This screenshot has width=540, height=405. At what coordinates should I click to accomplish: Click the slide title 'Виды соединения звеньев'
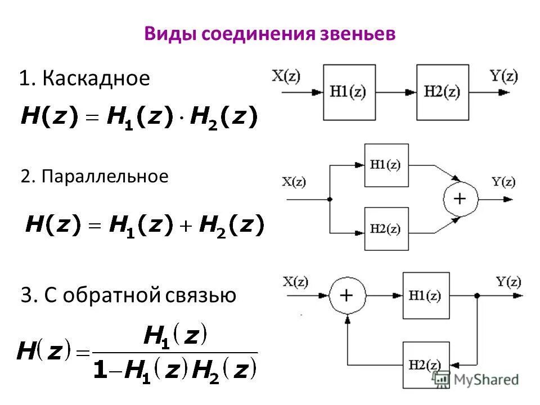(x=270, y=33)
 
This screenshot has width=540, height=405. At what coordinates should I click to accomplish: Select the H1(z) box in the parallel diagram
(x=386, y=165)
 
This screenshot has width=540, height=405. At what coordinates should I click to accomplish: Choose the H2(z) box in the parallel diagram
(x=386, y=228)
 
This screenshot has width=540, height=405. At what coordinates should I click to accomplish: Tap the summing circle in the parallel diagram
(x=460, y=199)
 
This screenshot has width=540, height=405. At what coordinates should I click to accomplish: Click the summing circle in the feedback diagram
(x=347, y=295)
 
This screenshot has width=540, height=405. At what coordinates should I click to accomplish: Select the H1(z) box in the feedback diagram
(x=426, y=295)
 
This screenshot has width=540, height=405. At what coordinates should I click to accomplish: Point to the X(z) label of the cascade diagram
(x=286, y=75)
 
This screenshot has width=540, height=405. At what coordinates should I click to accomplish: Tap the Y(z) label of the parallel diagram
(x=503, y=181)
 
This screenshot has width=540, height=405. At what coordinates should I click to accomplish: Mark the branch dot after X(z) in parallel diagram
(x=329, y=199)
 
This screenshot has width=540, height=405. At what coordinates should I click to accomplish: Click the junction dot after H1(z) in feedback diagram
(x=477, y=295)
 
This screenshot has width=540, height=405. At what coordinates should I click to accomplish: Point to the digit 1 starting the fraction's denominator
(x=100, y=369)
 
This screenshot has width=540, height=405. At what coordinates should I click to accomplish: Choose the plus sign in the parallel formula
(x=186, y=226)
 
